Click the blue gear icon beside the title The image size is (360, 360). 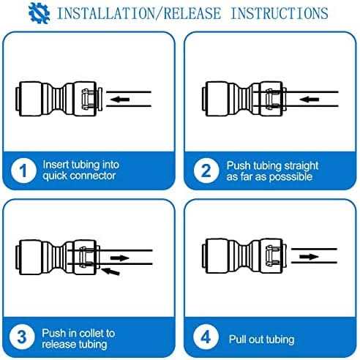[x=39, y=12]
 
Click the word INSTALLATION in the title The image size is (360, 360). [x=106, y=13]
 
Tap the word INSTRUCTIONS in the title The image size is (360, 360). [x=280, y=13]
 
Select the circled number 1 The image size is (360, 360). [x=23, y=170]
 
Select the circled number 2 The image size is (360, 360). [x=206, y=170]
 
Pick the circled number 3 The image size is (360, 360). [x=22, y=337]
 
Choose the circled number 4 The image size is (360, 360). [x=206, y=337]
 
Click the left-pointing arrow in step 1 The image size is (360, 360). [x=120, y=99]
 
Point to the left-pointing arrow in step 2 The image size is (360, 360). [x=310, y=99]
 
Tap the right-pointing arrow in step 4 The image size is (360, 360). [x=309, y=256]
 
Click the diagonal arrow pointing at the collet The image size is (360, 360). [x=110, y=271]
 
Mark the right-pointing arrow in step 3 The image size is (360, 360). [x=119, y=258]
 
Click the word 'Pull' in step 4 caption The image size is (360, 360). [x=237, y=339]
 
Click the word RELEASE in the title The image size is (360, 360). [x=192, y=13]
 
